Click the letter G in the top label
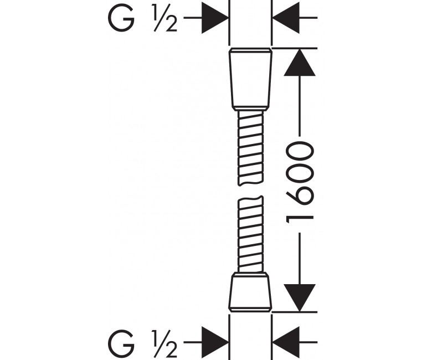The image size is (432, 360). pos(121,18)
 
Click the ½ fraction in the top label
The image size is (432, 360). pos(164,18)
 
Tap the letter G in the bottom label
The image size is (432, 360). pos(121,343)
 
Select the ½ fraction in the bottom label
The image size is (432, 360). pos(164,343)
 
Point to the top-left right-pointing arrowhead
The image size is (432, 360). pos(215,18)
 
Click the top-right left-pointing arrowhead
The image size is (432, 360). pos(286,18)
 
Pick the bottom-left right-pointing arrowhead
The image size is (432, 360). pos(215,342)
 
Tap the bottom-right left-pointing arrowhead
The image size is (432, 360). pos(286,342)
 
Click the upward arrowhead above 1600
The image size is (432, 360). pos(300,62)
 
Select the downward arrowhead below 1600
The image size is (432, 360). pos(300,298)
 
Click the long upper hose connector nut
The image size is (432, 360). pos(250,80)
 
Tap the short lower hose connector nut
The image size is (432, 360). pos(250,292)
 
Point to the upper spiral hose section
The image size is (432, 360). pos(250,148)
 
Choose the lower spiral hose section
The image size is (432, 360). pos(250,234)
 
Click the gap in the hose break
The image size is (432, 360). pos(250,191)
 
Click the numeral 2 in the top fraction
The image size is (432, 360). pos(171,24)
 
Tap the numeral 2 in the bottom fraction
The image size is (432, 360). pos(171,350)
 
